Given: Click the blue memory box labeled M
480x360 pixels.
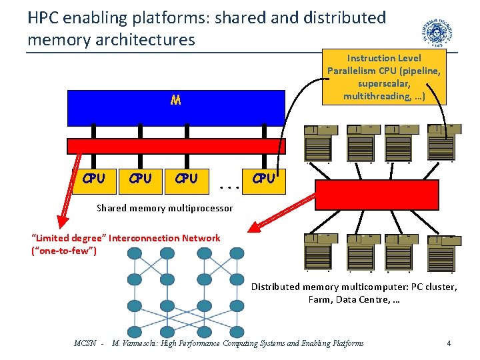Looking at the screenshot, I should pyautogui.click(x=176, y=107).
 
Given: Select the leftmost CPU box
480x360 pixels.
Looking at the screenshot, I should pyautogui.click(x=93, y=179).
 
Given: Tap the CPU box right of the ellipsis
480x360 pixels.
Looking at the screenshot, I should pyautogui.click(x=264, y=179).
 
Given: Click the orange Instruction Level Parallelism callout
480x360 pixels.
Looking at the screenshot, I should pyautogui.click(x=384, y=77).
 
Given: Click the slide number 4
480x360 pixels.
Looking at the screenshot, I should pyautogui.click(x=449, y=343).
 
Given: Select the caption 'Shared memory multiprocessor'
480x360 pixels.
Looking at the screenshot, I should pyautogui.click(x=165, y=208).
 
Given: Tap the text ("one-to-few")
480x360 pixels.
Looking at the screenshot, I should pyautogui.click(x=64, y=251).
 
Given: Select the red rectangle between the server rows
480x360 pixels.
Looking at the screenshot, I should pyautogui.click(x=377, y=195).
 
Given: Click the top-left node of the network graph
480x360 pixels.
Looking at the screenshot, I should pyautogui.click(x=135, y=254).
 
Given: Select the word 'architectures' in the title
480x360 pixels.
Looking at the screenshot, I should pyautogui.click(x=146, y=40).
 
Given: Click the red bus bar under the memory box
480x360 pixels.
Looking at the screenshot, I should pyautogui.click(x=176, y=146).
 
